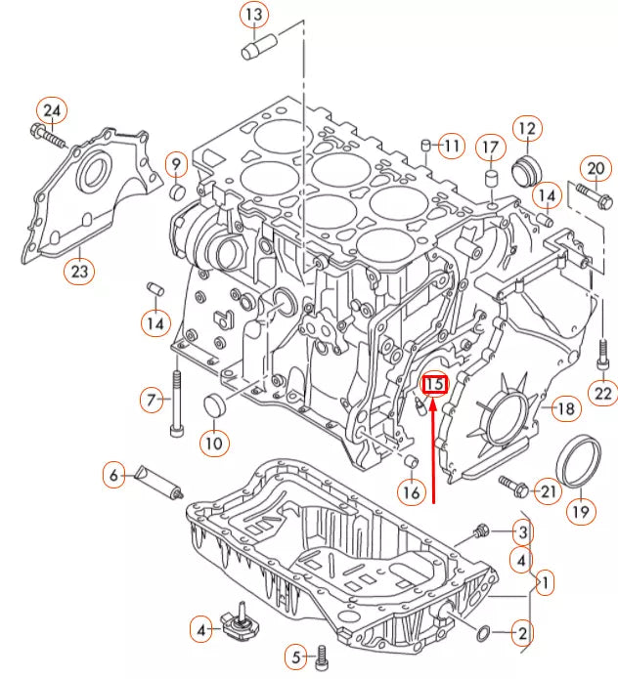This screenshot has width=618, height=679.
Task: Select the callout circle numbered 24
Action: coord(52,111)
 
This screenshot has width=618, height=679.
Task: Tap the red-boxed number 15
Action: coord(434,384)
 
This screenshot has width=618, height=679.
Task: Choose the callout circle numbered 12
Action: coord(527,128)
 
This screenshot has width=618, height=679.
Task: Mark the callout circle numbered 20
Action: coord(595,169)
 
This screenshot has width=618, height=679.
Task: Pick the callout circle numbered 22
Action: coord(602,394)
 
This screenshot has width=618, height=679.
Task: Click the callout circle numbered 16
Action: coord(412,493)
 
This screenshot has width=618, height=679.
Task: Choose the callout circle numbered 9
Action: coord(177,163)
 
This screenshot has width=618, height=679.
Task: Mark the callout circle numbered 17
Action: coord(489,149)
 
